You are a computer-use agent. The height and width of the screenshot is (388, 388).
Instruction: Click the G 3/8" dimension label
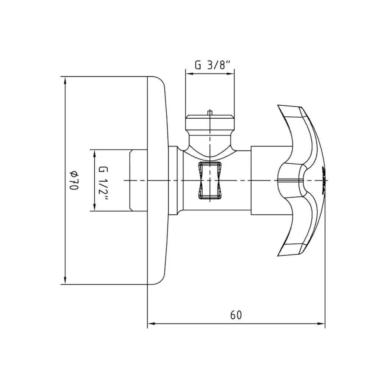click(x=213, y=65)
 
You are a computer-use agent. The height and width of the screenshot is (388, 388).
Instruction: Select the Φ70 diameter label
click(x=74, y=180)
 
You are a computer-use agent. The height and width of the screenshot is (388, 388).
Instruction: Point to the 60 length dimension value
click(x=236, y=315)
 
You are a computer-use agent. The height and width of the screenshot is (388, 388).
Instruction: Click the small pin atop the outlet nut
click(x=210, y=113)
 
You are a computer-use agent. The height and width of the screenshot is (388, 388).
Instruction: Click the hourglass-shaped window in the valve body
click(x=210, y=180)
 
